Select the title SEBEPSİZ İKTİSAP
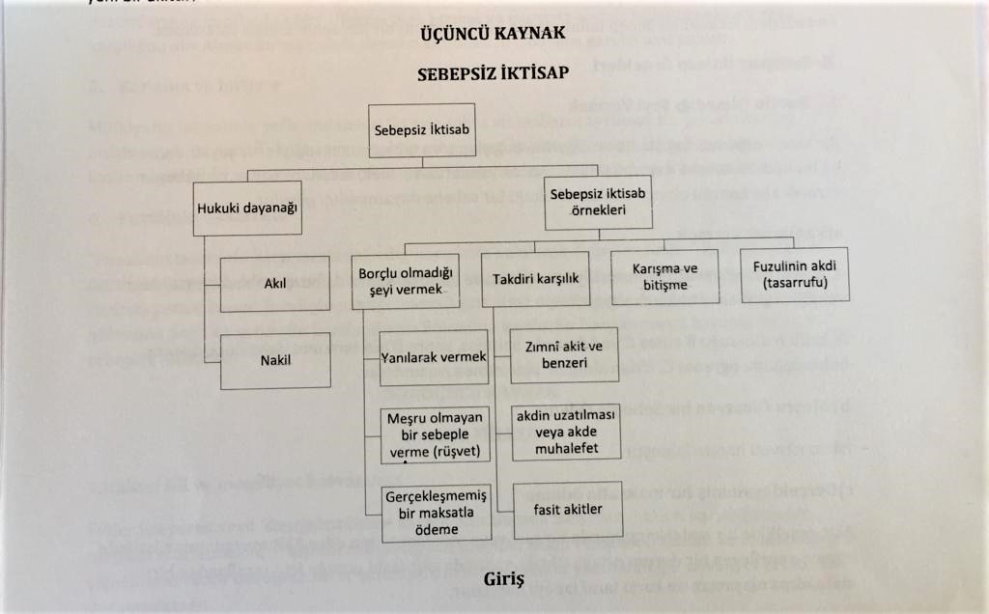click(494, 73)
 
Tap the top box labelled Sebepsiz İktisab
click(423, 130)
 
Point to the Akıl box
click(274, 285)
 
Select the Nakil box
click(274, 361)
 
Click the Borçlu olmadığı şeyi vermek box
click(403, 280)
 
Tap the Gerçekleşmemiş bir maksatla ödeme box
click(436, 513)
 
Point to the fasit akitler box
click(566, 509)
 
